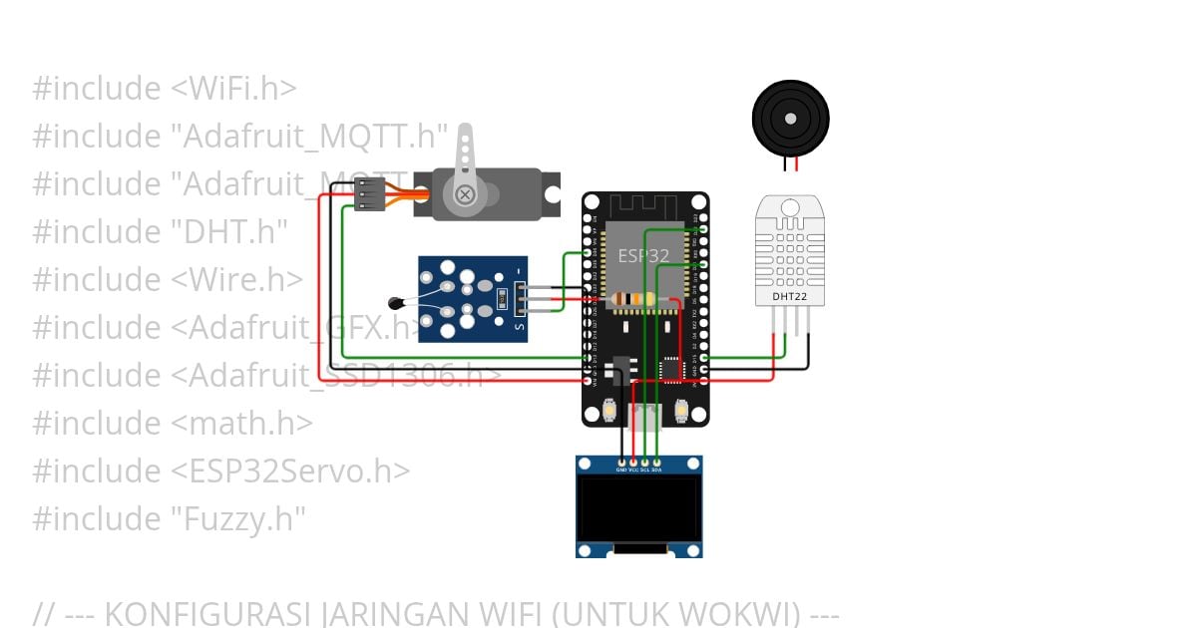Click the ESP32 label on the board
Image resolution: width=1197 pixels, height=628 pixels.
coord(643,255)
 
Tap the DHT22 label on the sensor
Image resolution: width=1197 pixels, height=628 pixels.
coord(790,296)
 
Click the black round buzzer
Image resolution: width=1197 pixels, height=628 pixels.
coord(790,119)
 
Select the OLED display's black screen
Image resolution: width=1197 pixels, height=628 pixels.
coord(638,508)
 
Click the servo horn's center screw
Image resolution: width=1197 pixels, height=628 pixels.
coord(465,195)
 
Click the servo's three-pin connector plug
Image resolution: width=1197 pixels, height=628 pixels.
coord(370,194)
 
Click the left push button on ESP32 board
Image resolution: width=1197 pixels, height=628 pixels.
coord(608,410)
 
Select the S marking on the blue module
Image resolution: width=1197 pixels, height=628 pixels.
coord(518,325)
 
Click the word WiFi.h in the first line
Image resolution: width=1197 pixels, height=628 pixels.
coord(233,89)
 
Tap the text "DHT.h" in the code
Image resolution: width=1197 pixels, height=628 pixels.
coord(229,232)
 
